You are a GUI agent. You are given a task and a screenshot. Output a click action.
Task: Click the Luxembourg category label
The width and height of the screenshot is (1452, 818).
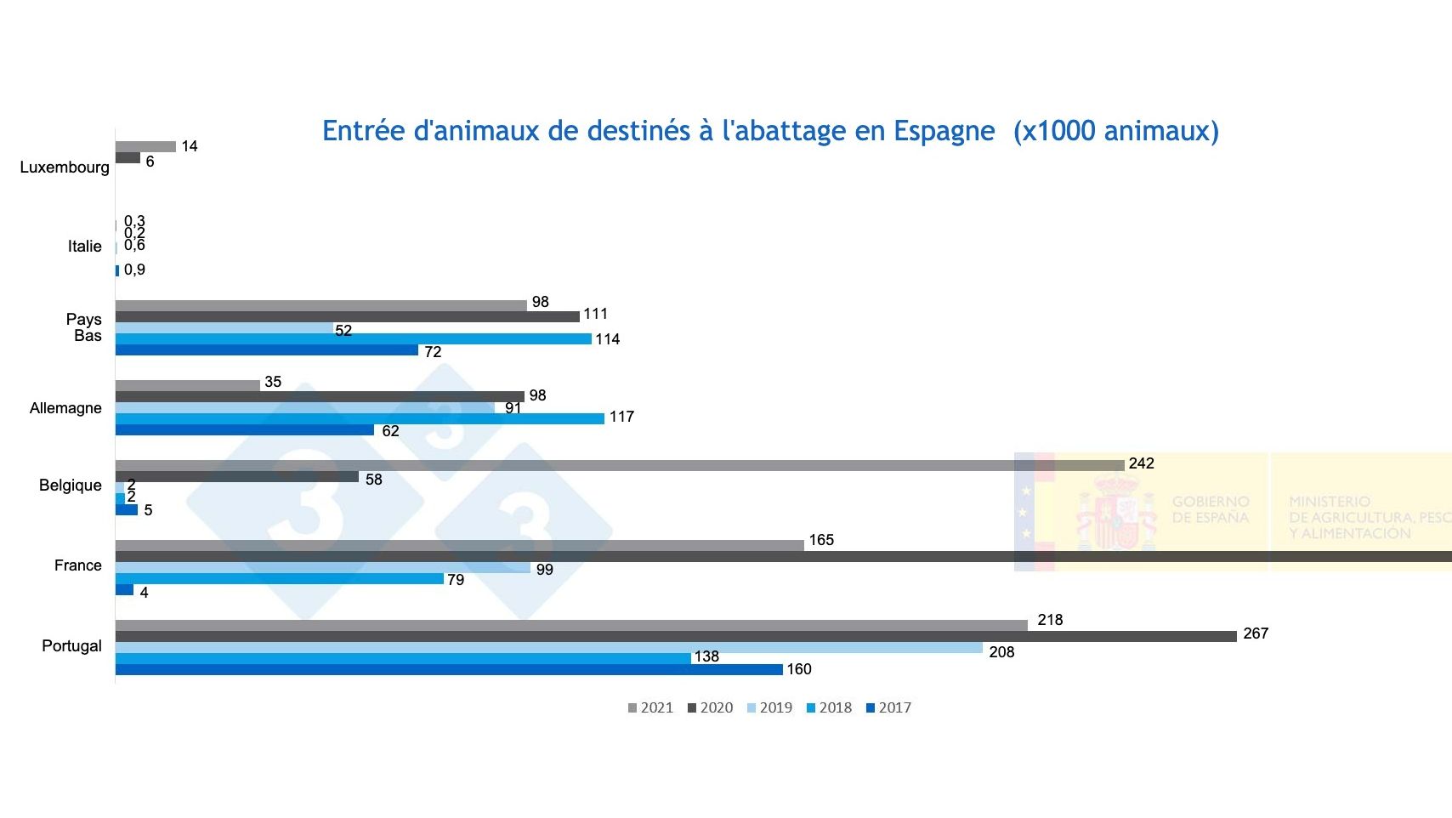pyautogui.click(x=65, y=168)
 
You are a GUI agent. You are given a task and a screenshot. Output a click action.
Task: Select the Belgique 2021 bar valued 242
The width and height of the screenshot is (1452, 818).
pyautogui.click(x=620, y=465)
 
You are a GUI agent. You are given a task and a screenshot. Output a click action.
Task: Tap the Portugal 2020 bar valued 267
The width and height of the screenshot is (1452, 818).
pyautogui.click(x=676, y=636)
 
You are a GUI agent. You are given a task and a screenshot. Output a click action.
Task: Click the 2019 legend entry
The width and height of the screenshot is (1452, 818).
pyautogui.click(x=769, y=707)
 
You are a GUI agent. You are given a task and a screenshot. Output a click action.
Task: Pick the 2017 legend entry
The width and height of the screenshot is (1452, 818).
pyautogui.click(x=888, y=707)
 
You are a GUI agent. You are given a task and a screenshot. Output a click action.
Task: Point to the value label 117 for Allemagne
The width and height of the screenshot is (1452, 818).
pyautogui.click(x=621, y=417)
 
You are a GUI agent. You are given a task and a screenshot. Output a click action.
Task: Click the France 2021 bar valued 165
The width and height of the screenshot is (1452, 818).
pyautogui.click(x=459, y=545)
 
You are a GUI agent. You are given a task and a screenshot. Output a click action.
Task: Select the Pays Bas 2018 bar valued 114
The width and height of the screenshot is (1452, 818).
pyautogui.click(x=353, y=338)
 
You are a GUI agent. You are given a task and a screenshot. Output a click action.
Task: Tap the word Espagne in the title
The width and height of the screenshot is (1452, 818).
pyautogui.click(x=944, y=131)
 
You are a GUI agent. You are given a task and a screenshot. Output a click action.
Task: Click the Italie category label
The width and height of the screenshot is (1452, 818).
pyautogui.click(x=84, y=247)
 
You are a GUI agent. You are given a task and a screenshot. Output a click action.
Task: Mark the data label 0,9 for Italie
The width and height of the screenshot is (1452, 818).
pyautogui.click(x=134, y=270)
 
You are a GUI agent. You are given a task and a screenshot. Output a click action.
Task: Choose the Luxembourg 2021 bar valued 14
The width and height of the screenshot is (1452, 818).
pyautogui.click(x=145, y=146)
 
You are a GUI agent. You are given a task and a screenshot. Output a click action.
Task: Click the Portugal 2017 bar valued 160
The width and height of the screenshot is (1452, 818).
pyautogui.click(x=449, y=669)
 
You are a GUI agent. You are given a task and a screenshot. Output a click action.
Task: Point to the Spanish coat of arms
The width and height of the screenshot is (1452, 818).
pyautogui.click(x=1116, y=512)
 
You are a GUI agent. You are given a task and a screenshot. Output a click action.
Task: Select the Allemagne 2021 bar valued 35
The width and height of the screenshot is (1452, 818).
pyautogui.click(x=187, y=385)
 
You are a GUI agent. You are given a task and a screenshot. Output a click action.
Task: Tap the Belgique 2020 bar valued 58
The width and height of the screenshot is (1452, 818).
pyautogui.click(x=236, y=477)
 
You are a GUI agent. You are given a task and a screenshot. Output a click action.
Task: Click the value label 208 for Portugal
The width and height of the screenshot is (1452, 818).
pyautogui.click(x=1001, y=652)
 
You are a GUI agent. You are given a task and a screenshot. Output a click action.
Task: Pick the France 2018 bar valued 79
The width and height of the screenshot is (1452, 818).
pyautogui.click(x=279, y=578)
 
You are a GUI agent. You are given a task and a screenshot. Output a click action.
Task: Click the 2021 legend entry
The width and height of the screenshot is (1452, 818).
pyautogui.click(x=650, y=707)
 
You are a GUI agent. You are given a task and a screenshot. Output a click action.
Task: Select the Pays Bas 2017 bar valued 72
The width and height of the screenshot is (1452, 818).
pyautogui.click(x=266, y=349)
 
